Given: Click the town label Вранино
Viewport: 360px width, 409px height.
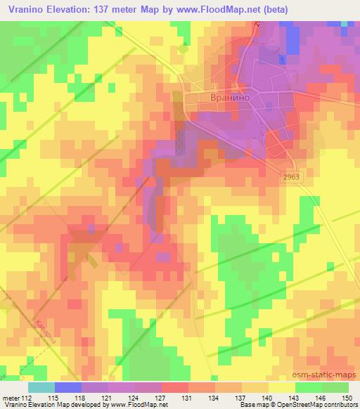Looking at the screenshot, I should point(229,99).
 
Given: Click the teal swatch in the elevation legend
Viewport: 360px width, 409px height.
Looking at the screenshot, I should point(41,387).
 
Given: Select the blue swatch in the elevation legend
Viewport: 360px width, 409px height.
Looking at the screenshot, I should point(68,387).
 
